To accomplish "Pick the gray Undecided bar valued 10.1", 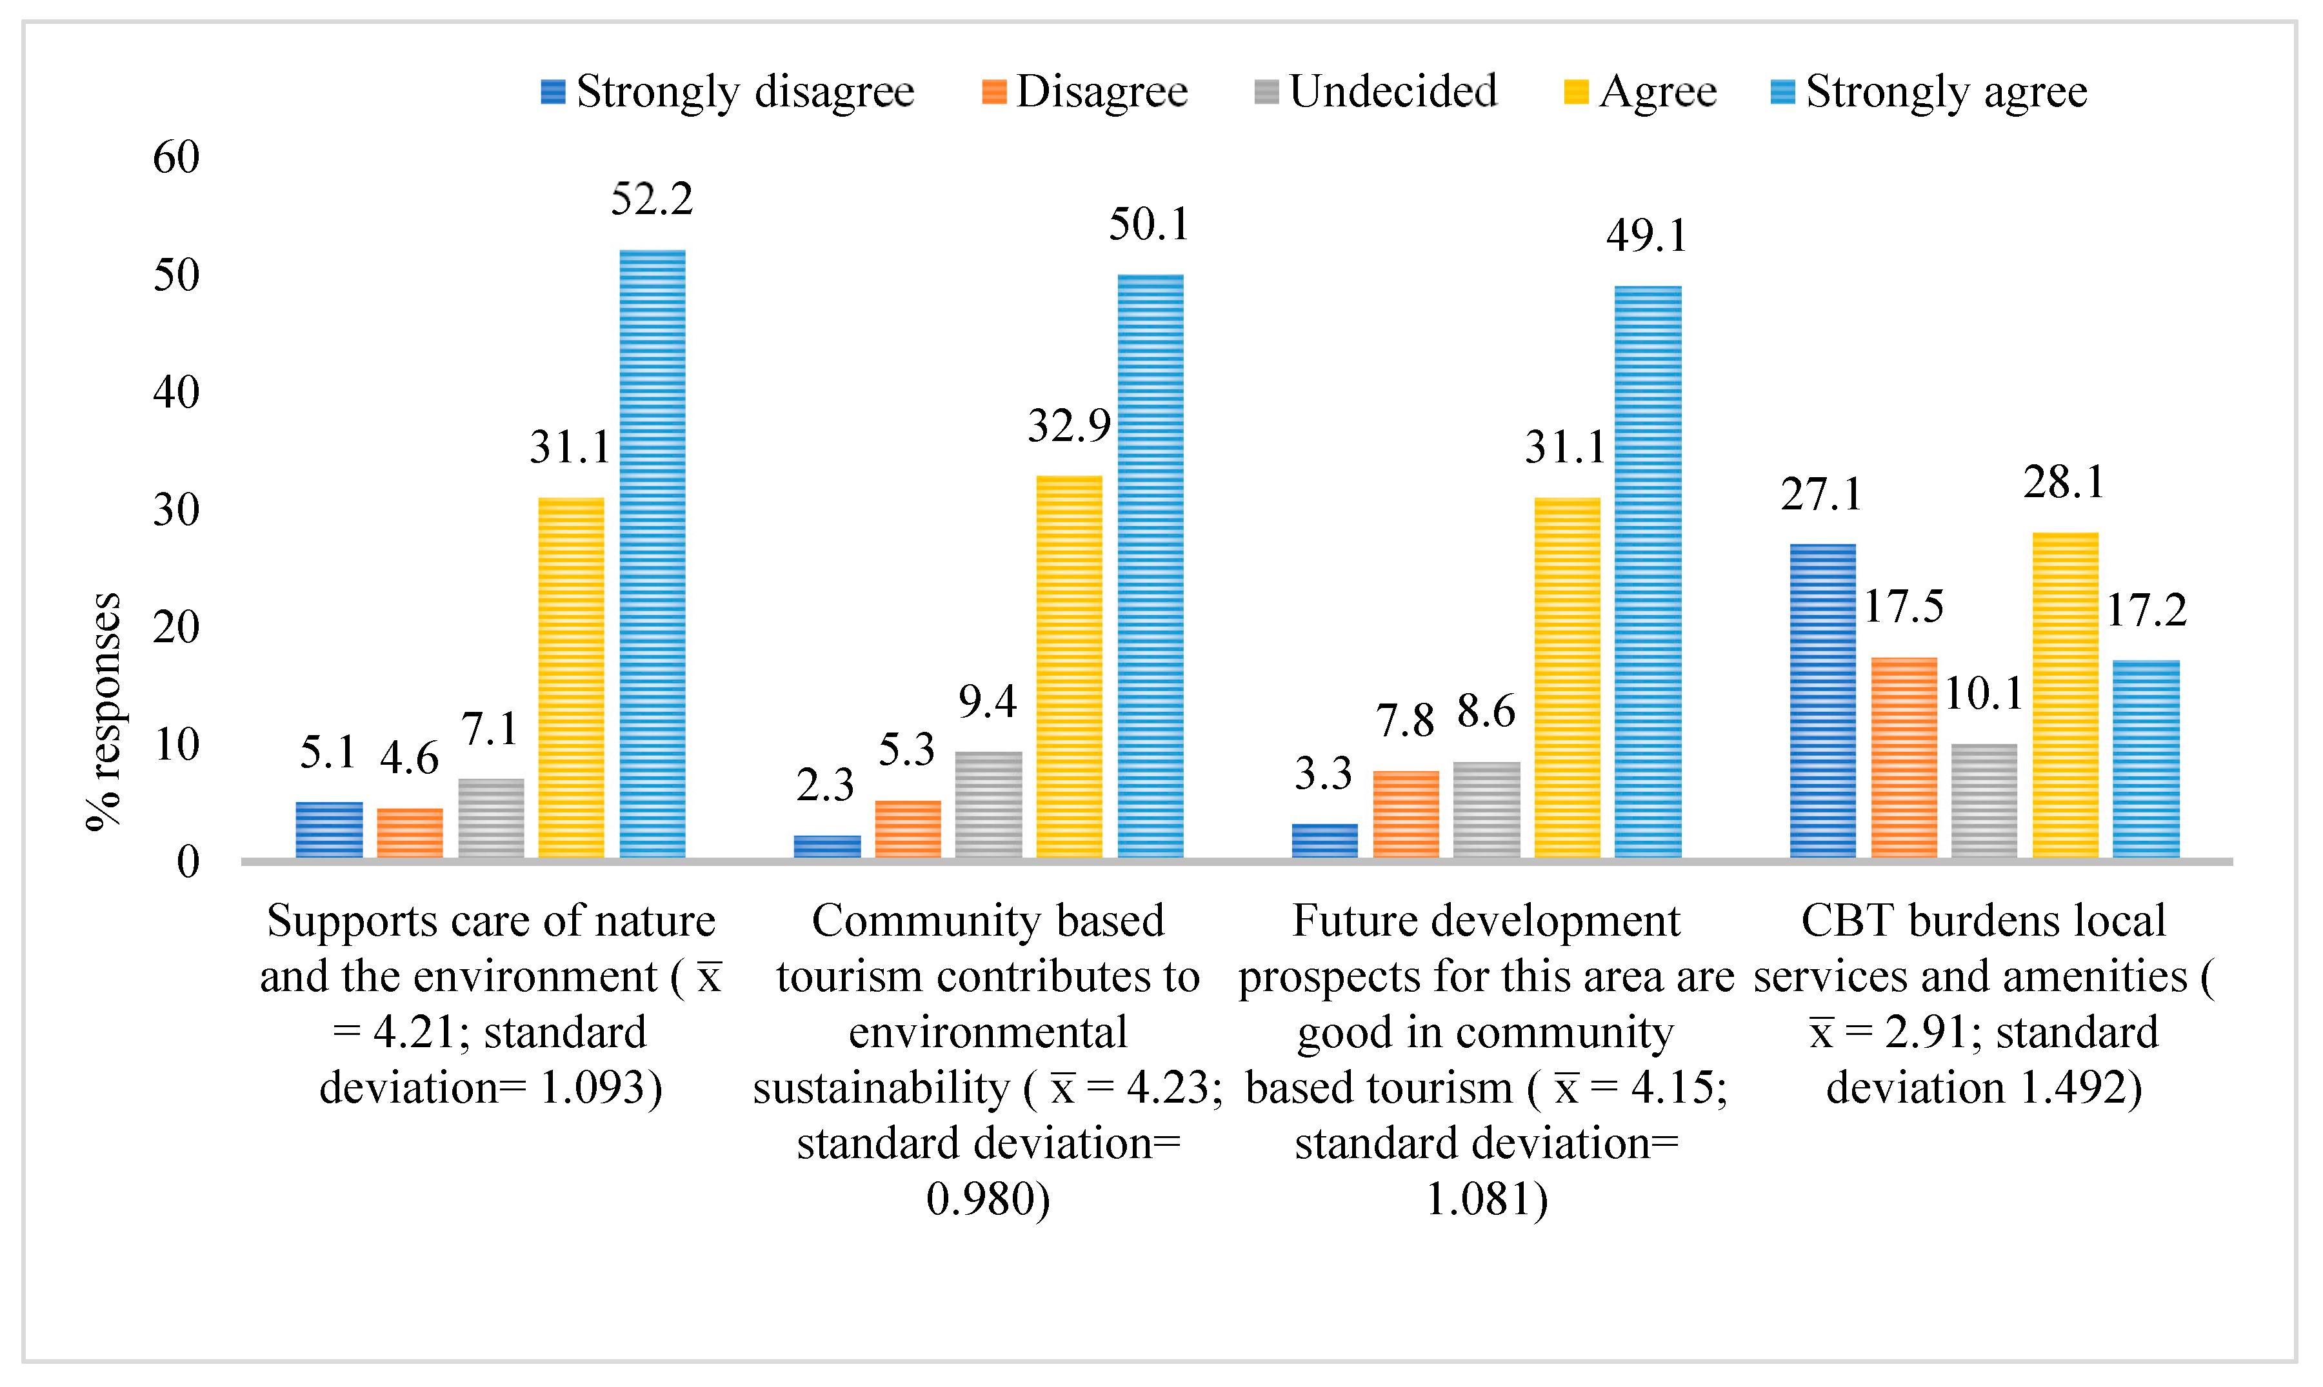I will pos(1984,800).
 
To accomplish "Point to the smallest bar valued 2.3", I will pos(826,846).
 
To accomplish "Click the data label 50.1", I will pos(1149,224).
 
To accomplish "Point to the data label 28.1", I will pos(2064,482).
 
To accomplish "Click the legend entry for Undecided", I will pos(1375,92).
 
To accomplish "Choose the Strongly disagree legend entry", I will pos(727,92).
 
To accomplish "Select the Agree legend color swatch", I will pos(1575,92).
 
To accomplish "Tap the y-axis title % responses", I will pos(103,711).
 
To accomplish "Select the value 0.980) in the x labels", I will pos(988,1198).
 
